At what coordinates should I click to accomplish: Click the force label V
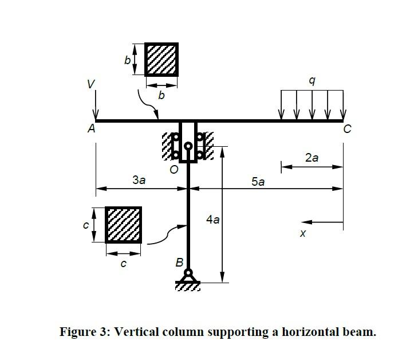pos(90,84)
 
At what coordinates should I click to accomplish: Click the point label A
pos(91,130)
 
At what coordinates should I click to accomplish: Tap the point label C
pos(346,130)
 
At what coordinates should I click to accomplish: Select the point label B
pos(179,263)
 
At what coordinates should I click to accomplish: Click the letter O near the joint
pos(174,170)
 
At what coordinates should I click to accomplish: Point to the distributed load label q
pos(312,81)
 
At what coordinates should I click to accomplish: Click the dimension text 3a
pos(139,180)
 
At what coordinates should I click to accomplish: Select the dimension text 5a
pos(258,182)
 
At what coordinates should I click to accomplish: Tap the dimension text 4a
pos(212,219)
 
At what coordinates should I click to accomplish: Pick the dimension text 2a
pos(312,158)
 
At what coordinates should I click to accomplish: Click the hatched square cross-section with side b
pos(161,59)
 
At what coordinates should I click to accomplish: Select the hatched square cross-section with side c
pos(123,225)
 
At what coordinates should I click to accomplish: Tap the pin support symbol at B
pos(188,278)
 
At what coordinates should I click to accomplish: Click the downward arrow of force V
pos(96,105)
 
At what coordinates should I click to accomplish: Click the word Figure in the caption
pos(77,332)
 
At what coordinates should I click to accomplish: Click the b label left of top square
pos(128,59)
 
